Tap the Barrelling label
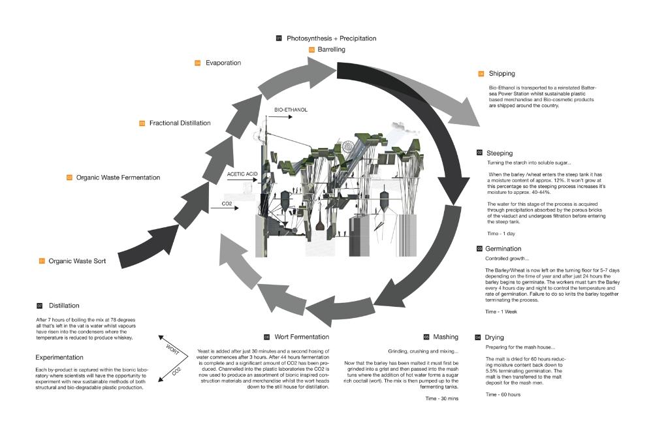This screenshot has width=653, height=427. [x=332, y=50]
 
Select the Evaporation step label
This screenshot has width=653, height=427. [x=223, y=63]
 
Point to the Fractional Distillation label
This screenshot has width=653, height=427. [x=180, y=123]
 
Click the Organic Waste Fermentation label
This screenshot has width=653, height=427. [x=118, y=178]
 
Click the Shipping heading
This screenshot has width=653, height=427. [x=502, y=74]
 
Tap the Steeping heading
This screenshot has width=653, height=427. [x=500, y=153]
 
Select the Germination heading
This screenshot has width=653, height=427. [x=503, y=249]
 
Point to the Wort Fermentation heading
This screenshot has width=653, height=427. [x=302, y=337]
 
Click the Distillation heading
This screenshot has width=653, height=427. [x=64, y=306]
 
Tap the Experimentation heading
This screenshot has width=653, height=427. [x=59, y=358]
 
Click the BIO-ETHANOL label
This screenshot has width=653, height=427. [x=291, y=110]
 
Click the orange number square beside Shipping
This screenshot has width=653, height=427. [x=482, y=74]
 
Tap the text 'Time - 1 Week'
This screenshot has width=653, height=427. [x=500, y=312]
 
